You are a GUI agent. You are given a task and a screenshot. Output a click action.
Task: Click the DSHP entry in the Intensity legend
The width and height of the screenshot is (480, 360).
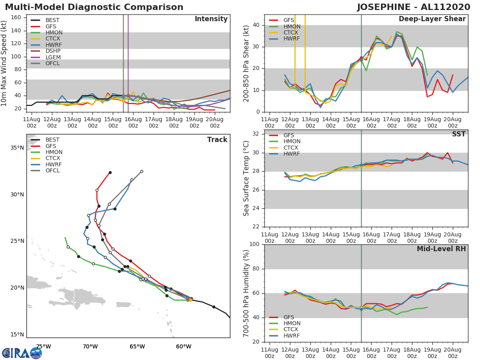(x=53, y=51)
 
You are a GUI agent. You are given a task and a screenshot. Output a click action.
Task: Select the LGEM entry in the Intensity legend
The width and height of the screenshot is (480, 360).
(x=53, y=57)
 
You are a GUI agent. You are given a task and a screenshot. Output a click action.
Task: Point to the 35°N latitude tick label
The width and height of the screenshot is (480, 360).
(x=16, y=148)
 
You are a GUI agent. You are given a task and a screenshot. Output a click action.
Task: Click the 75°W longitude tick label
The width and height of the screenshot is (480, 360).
(x=43, y=346)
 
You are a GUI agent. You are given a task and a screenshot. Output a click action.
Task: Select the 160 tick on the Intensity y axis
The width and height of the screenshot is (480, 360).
(x=16, y=17)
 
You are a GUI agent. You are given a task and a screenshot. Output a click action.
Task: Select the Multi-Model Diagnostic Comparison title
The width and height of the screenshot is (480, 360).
(x=94, y=7)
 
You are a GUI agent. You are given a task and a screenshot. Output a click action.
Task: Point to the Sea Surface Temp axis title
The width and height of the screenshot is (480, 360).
(x=246, y=178)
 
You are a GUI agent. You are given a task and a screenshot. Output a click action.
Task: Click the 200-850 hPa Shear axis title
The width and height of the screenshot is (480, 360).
(x=246, y=63)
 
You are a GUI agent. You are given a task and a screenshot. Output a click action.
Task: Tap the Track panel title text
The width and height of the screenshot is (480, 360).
(x=217, y=140)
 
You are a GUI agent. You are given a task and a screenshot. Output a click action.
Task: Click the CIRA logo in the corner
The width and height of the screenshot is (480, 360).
(x=22, y=353)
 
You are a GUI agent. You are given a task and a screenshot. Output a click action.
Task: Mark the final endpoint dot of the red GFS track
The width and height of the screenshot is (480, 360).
(x=110, y=173)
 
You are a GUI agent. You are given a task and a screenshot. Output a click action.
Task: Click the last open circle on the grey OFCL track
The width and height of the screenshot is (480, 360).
(x=142, y=171)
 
